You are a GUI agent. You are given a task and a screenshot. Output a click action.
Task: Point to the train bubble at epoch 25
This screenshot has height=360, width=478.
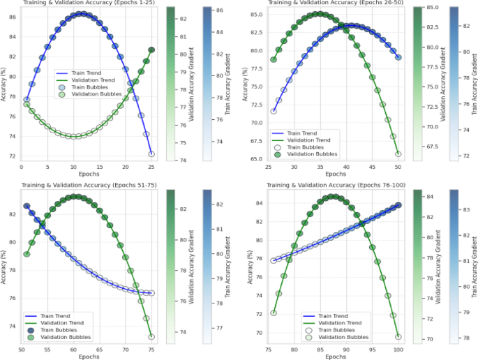(151, 154)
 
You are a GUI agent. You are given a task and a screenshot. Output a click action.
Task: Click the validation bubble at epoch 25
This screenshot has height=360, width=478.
(151, 50)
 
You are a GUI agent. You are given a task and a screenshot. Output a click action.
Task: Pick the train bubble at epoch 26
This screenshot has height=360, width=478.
(274, 111)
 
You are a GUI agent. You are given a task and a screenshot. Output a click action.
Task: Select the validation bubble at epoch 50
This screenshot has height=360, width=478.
(398, 154)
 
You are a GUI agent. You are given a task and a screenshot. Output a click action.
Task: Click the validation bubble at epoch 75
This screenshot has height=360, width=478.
(151, 337)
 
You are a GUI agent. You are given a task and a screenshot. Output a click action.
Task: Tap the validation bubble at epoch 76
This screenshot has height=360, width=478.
(274, 313)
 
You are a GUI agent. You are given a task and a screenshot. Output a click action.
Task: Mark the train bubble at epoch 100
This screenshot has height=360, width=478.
(398, 205)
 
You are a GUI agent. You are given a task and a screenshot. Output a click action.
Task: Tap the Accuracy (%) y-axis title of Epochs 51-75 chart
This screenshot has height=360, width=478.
(5, 265)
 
